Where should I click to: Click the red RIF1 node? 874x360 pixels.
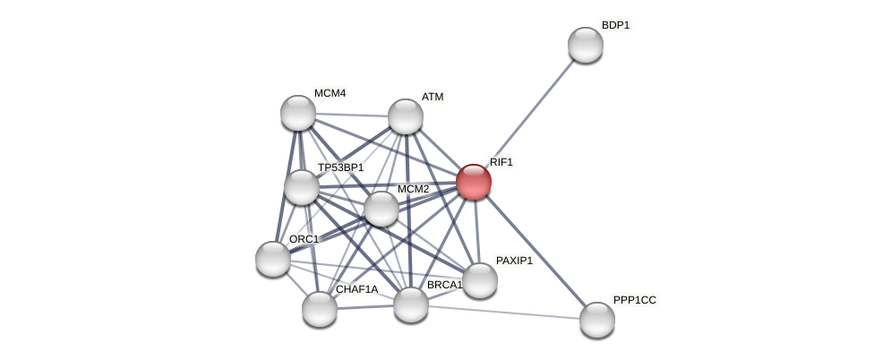click(474, 182)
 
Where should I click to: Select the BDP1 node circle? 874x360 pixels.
click(586, 45)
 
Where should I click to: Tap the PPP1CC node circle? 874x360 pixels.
click(597, 320)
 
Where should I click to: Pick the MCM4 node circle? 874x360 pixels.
click(298, 113)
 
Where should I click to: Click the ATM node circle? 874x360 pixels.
click(406, 116)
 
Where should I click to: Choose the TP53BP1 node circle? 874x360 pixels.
click(302, 187)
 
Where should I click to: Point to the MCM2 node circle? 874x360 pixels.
click(381, 209)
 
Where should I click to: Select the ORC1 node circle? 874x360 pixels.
click(273, 259)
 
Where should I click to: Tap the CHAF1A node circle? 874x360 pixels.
click(320, 309)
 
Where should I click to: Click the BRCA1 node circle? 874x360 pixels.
click(411, 304)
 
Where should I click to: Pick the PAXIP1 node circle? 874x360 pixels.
click(480, 280)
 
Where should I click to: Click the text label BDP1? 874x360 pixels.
click(615, 25)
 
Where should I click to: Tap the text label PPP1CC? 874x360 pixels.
click(634, 300)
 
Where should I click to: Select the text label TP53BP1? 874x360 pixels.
click(340, 167)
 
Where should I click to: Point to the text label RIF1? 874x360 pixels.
click(501, 162)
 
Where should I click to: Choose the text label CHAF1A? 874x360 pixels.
click(356, 289)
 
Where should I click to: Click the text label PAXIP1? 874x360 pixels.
click(514, 261)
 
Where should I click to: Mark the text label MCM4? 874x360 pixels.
click(330, 93)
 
